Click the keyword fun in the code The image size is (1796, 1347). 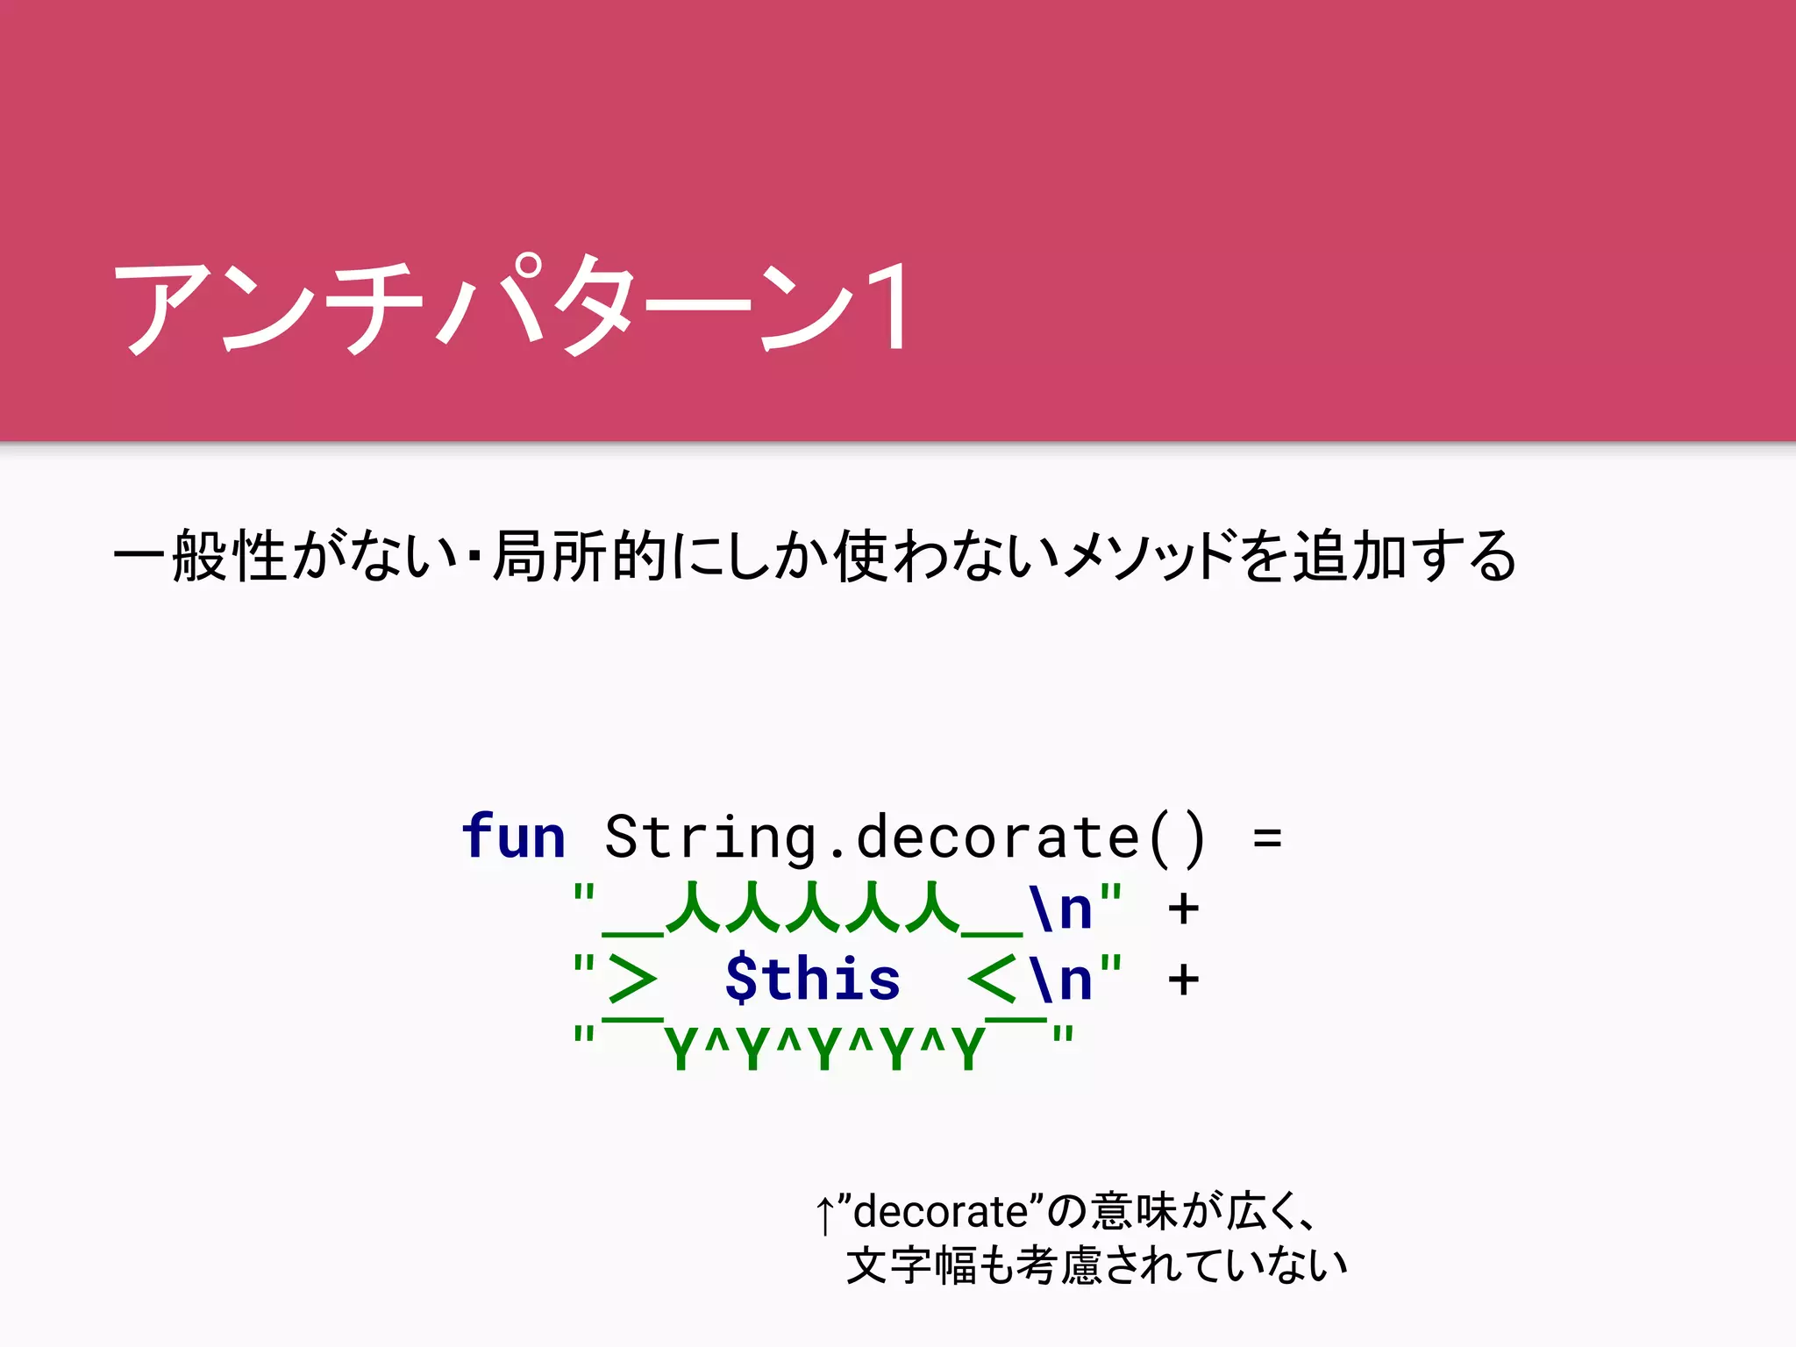[514, 837]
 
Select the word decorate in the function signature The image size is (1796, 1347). [997, 837]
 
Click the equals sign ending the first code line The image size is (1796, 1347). [1267, 837]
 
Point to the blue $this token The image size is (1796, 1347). [812, 979]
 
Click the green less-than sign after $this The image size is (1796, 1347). [993, 980]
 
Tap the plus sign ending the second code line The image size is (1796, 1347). [1183, 909]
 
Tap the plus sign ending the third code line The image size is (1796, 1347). [1183, 980]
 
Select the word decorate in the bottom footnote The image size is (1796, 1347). [940, 1213]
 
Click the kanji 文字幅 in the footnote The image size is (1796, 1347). [910, 1265]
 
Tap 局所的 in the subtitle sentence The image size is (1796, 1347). [580, 556]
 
